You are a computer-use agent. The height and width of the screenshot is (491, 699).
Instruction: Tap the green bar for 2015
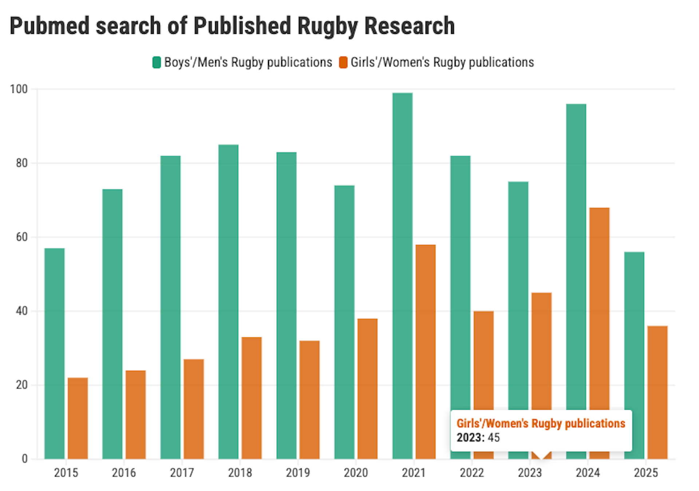(x=55, y=353)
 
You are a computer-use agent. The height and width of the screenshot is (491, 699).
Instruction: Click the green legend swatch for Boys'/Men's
(x=157, y=62)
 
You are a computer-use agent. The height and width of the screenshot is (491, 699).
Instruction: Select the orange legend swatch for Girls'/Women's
(x=343, y=62)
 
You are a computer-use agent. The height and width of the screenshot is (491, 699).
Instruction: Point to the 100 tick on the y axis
(x=19, y=89)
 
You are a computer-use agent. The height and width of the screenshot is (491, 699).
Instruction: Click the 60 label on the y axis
(x=22, y=237)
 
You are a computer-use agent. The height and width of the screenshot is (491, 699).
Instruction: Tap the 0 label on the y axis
(x=25, y=459)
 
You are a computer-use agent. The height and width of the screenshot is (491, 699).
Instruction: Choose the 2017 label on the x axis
(x=182, y=473)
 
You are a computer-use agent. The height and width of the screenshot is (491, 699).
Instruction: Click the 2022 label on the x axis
(x=471, y=473)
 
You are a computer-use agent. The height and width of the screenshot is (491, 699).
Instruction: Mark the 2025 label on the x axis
(x=645, y=473)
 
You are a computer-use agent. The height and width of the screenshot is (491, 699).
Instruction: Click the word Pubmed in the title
(x=50, y=26)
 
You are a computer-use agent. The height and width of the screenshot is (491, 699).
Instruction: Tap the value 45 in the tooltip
(x=494, y=437)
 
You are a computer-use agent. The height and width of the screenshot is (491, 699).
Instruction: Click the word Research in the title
(x=410, y=26)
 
